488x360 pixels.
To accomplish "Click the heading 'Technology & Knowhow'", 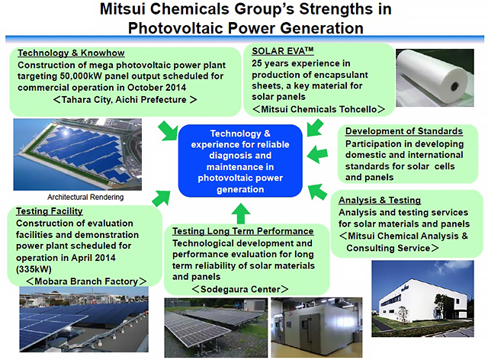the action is click(x=71, y=53).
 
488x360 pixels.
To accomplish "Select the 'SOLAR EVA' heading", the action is click(x=283, y=51).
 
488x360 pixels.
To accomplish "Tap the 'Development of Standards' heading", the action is click(x=404, y=131).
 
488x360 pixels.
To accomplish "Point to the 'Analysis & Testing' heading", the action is click(x=380, y=200).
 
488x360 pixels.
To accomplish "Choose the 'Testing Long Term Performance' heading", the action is click(x=242, y=231).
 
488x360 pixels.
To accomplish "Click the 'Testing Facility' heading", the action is click(x=49, y=211).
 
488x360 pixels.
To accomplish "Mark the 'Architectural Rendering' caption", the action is click(x=85, y=197).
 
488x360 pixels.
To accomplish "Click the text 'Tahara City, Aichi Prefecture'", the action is click(x=124, y=100).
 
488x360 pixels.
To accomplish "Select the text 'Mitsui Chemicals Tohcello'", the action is click(x=319, y=109).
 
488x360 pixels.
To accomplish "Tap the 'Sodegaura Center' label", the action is click(x=240, y=289).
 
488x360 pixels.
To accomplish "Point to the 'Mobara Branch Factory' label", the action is click(x=86, y=281).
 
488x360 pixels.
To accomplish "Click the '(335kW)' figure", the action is click(x=34, y=269).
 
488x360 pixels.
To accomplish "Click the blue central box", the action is click(x=240, y=161).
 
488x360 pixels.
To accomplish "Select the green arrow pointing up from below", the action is click(x=241, y=214).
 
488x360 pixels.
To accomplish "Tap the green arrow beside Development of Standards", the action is click(x=317, y=154).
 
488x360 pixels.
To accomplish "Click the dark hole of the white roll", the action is click(x=454, y=86).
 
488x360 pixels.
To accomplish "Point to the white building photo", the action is click(x=422, y=299).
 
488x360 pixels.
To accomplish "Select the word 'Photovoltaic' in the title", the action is click(x=176, y=28).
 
